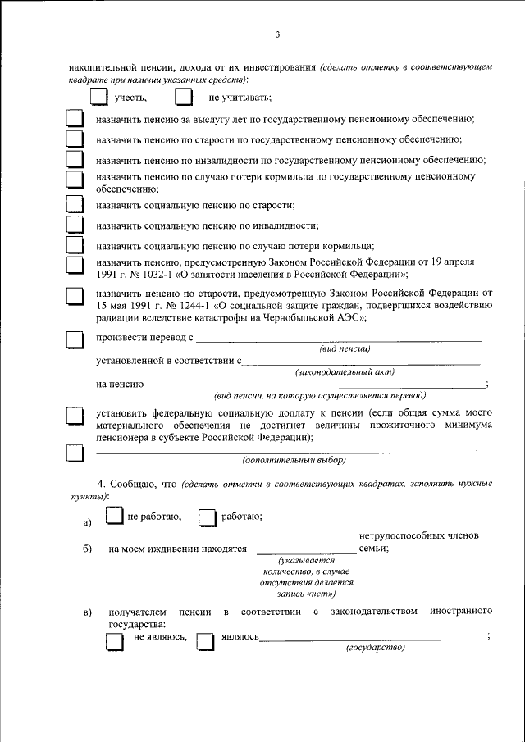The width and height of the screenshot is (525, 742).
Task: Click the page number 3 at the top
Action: point(278,34)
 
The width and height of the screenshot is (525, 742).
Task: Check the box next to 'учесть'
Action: point(98,98)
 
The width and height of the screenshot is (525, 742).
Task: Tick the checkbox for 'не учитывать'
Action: point(184,98)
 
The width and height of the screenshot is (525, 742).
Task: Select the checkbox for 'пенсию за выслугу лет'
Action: point(75,120)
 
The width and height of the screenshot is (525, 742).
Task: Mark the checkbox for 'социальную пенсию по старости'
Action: point(75,204)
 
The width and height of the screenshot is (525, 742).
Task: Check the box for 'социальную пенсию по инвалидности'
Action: point(75,225)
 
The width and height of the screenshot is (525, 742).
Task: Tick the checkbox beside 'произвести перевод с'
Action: point(75,339)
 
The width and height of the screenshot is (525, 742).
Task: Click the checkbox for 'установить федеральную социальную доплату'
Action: point(75,417)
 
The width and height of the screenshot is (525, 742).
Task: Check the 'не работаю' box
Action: point(116,516)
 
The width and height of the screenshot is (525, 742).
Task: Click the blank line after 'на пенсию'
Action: point(316,385)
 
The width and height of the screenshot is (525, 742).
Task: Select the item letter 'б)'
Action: point(87,549)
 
